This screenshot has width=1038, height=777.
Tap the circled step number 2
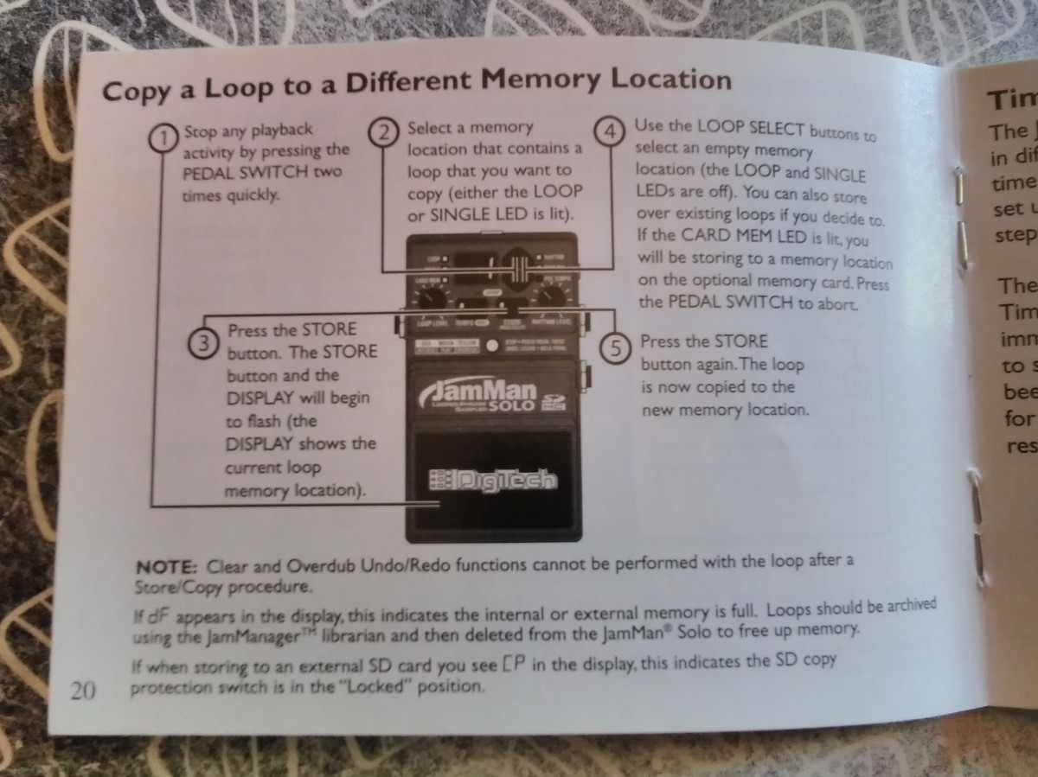click(x=385, y=132)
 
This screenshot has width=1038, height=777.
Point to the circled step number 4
click(x=612, y=132)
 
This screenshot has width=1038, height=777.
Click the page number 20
click(x=84, y=690)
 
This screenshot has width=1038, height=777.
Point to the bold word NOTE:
click(x=167, y=568)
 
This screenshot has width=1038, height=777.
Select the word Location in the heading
click(x=671, y=80)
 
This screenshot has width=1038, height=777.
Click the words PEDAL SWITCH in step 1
click(x=234, y=172)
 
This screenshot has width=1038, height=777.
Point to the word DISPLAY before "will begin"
click(x=260, y=398)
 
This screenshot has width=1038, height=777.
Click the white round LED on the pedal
click(x=491, y=346)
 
